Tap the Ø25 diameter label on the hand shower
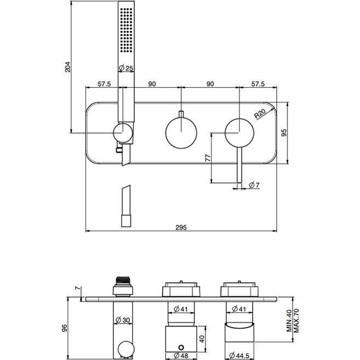click(126, 68)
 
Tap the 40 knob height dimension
click(203, 338)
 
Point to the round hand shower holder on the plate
click(123, 133)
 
